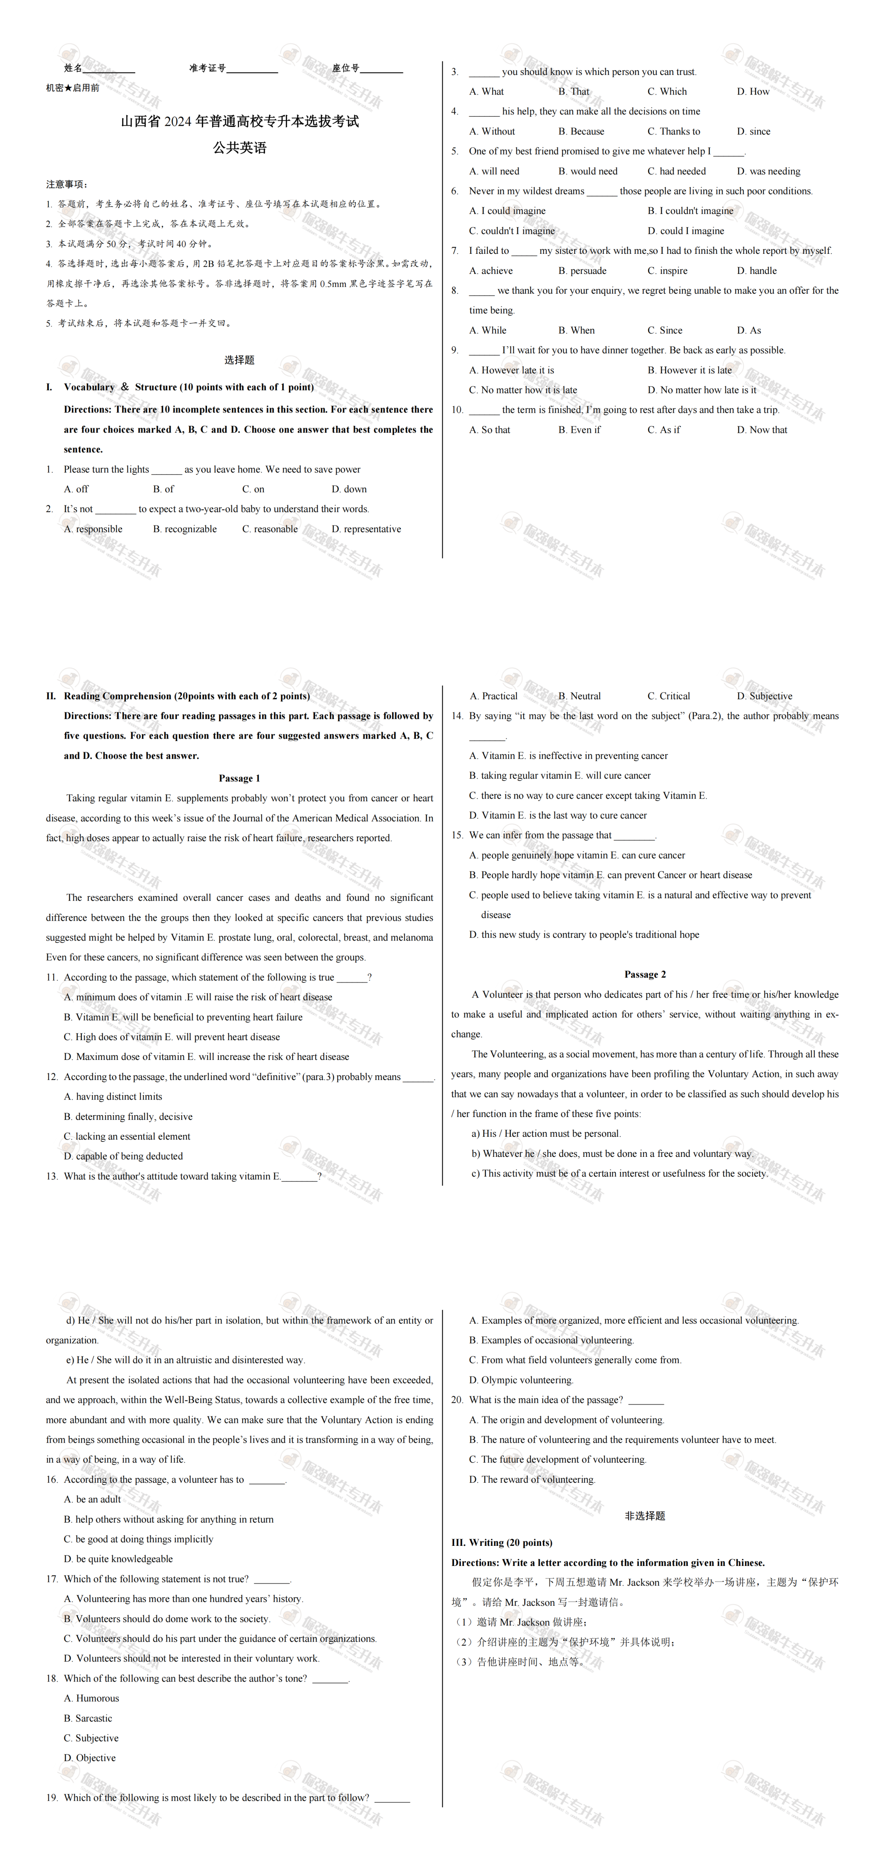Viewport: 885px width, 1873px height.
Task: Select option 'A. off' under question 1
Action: click(x=76, y=489)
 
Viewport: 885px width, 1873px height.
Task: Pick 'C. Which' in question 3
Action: click(x=667, y=91)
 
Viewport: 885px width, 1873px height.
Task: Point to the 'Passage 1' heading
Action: click(x=239, y=778)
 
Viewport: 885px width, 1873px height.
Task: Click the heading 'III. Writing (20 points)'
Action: click(x=502, y=1542)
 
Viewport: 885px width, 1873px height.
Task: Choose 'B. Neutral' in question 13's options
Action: click(x=579, y=696)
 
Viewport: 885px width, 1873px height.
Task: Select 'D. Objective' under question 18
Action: click(x=90, y=1758)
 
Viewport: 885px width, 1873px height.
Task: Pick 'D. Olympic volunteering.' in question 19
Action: click(x=522, y=1380)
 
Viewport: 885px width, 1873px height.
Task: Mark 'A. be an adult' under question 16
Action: click(x=92, y=1499)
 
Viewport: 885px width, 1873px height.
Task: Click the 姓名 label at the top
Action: click(x=73, y=68)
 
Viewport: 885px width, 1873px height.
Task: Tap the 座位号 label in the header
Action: click(x=345, y=68)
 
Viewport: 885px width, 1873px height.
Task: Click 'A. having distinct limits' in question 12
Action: click(x=113, y=1097)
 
